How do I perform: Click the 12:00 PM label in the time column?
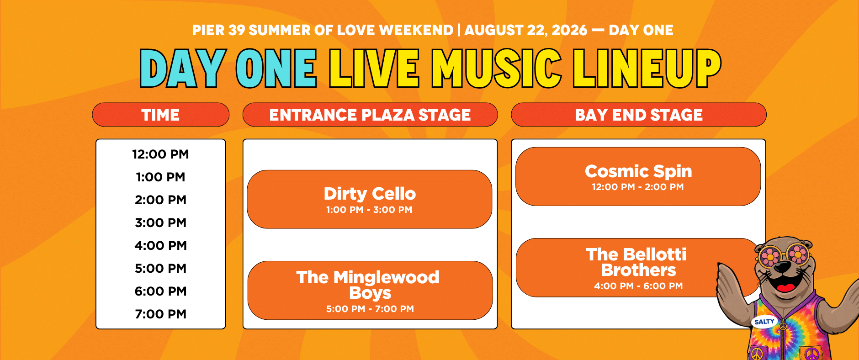click(160, 154)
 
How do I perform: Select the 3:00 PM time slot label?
click(160, 223)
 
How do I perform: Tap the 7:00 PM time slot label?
click(160, 314)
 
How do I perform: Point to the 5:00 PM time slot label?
click(160, 269)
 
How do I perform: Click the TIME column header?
click(160, 115)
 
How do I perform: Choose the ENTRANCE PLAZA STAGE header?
click(370, 115)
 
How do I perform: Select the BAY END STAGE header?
click(639, 115)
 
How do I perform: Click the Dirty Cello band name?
click(370, 194)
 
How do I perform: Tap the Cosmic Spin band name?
click(638, 171)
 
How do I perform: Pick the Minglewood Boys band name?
click(368, 285)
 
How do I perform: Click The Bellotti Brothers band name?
click(637, 262)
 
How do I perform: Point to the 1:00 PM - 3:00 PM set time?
click(369, 210)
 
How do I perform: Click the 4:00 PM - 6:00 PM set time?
click(638, 286)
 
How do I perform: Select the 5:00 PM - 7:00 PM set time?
click(370, 309)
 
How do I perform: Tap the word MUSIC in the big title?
click(497, 69)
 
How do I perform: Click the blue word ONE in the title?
click(276, 69)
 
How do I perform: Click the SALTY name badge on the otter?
click(764, 322)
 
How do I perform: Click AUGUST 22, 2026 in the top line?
click(526, 30)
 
